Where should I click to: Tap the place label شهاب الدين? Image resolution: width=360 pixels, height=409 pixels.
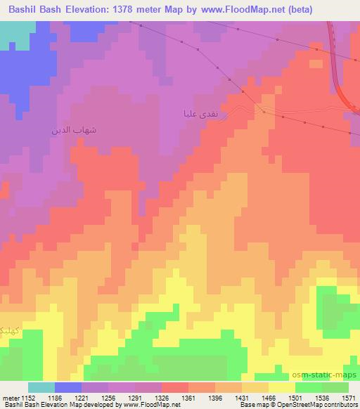point(73,131)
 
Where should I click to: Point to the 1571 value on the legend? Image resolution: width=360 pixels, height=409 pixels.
point(347,398)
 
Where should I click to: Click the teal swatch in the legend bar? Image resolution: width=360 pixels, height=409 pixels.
point(41,387)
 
